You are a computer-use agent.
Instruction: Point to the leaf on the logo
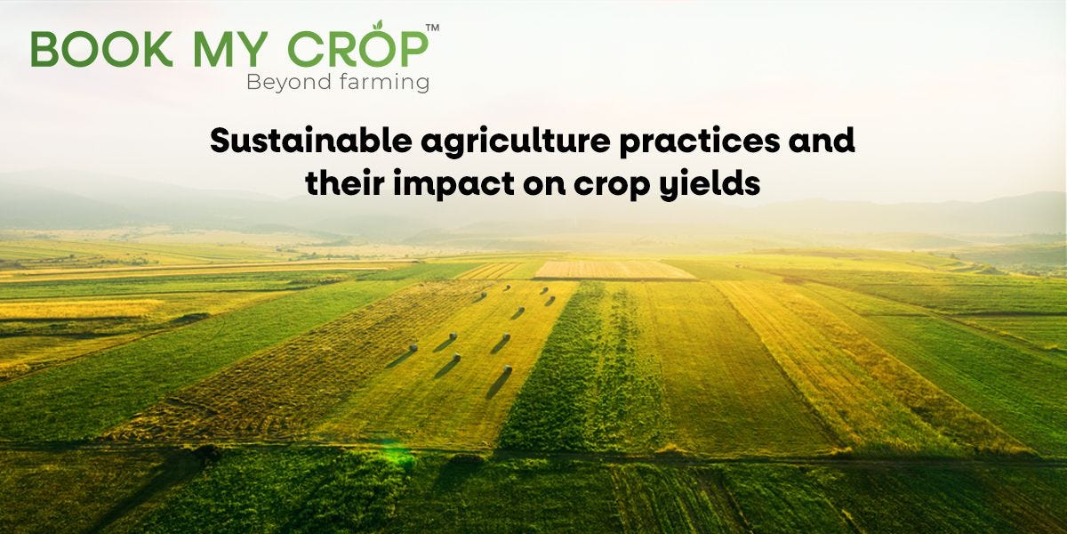point(377,27)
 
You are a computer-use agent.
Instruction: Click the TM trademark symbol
point(432,28)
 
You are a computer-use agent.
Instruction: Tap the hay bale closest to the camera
point(507,368)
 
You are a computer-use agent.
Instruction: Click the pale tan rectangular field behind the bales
point(614,270)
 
